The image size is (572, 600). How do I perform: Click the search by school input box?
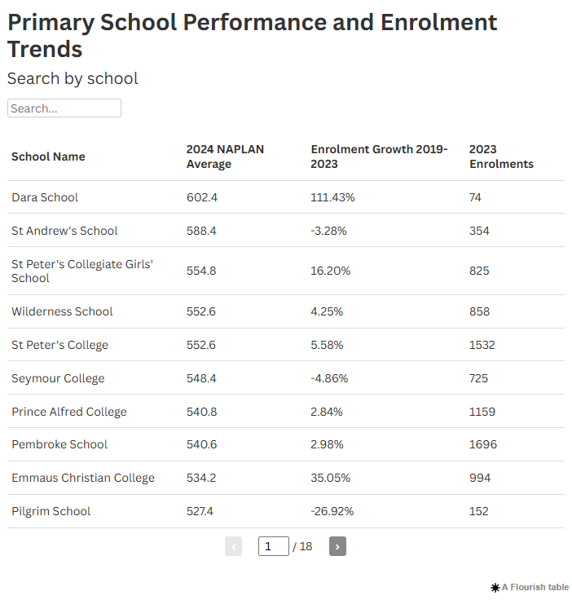[x=64, y=108]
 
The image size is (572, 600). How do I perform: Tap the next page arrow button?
[x=337, y=546]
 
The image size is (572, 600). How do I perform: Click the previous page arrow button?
[x=233, y=546]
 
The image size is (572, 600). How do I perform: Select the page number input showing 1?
[x=273, y=546]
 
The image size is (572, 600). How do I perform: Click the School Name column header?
[x=48, y=157]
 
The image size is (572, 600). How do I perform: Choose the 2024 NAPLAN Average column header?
[x=225, y=157]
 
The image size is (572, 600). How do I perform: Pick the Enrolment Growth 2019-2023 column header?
[x=379, y=157]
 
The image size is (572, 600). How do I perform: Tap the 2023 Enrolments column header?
[x=501, y=157]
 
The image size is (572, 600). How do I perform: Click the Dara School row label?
[x=45, y=197]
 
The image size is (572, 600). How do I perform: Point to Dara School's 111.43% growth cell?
[x=332, y=197]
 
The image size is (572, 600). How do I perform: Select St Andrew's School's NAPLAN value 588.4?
[x=201, y=231]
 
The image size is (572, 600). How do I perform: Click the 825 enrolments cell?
[x=479, y=271]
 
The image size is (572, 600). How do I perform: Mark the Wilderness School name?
[x=62, y=311]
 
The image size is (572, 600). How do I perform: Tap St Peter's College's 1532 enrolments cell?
[x=482, y=345]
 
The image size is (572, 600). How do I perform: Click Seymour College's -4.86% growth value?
[x=329, y=378]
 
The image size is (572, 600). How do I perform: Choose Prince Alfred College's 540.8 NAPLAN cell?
[x=201, y=412]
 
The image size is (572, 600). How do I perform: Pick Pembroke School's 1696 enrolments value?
[x=483, y=444]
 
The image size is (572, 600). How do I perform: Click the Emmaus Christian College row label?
[x=83, y=478]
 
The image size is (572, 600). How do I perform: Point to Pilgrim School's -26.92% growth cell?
[x=332, y=511]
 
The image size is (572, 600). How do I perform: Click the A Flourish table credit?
[x=530, y=587]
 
